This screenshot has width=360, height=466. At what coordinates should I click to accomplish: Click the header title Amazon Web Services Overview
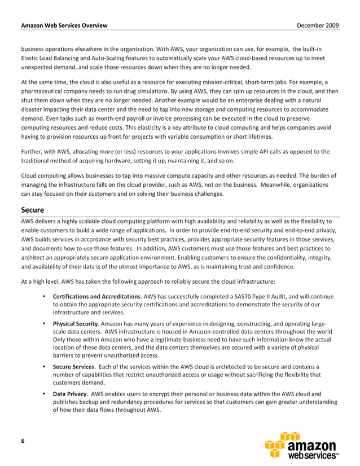click(x=64, y=26)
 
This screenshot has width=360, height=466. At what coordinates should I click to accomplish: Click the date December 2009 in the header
click(x=318, y=26)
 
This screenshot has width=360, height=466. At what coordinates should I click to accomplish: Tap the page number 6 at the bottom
click(x=23, y=441)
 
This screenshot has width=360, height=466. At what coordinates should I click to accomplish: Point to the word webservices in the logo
click(x=313, y=455)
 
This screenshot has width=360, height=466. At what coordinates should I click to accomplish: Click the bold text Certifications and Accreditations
click(x=96, y=296)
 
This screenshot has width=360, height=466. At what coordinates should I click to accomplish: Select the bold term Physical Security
click(x=76, y=324)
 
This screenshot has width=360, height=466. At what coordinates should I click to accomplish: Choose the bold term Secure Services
click(x=74, y=367)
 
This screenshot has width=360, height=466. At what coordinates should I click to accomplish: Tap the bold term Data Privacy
click(x=70, y=394)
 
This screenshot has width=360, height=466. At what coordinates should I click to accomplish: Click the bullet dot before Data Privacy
click(x=44, y=394)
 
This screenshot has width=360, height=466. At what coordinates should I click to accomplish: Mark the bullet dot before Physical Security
click(x=44, y=324)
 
